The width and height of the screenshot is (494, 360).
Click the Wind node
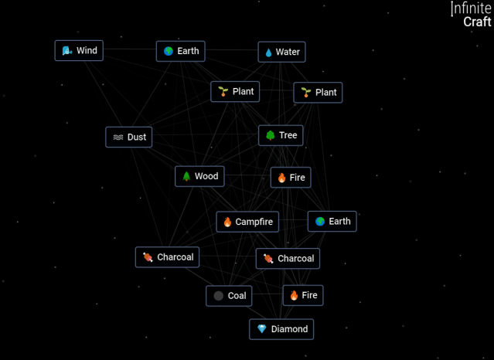[x=79, y=51]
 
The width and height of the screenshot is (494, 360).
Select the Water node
[x=281, y=52]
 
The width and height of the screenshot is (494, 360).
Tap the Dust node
[x=129, y=137]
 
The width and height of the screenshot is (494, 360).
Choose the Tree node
[x=281, y=135]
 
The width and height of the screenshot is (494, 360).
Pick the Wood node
[x=199, y=176]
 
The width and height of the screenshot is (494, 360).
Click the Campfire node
[x=247, y=222]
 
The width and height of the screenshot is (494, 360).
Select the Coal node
[x=229, y=296]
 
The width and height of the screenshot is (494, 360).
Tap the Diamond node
[x=281, y=329]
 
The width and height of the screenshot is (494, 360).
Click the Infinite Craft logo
[x=471, y=15]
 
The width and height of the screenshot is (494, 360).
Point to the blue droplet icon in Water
[x=269, y=53]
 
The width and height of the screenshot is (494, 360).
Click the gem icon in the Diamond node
[x=261, y=329]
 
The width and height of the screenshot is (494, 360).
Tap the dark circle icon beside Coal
[x=219, y=296]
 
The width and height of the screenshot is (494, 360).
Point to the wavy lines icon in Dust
[x=118, y=138]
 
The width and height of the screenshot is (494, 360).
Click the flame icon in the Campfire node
[x=227, y=222]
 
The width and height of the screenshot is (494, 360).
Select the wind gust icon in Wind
[x=67, y=51]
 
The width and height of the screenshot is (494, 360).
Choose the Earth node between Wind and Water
[x=180, y=51]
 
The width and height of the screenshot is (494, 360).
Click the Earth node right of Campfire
[x=332, y=221]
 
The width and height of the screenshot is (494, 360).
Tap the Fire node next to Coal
[x=302, y=295]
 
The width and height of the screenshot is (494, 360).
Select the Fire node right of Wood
[x=291, y=178]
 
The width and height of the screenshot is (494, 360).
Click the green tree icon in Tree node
[x=270, y=136]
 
